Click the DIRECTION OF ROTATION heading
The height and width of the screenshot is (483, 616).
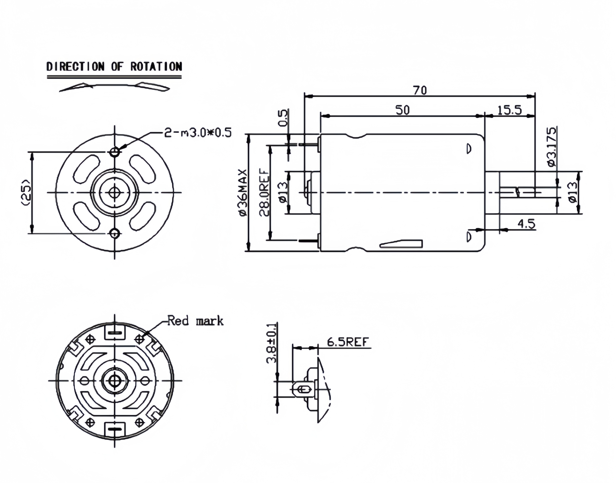(114, 67)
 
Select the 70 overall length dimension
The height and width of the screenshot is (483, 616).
(420, 90)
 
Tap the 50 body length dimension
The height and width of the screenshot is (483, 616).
(402, 110)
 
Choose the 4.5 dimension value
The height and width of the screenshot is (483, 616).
(526, 224)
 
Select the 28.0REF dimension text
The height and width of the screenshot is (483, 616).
(264, 193)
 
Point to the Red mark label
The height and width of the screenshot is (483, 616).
(195, 321)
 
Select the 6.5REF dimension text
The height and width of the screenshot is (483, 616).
(348, 342)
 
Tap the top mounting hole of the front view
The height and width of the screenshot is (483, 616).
(115, 152)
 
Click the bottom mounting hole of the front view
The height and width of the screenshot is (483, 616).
(115, 233)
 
